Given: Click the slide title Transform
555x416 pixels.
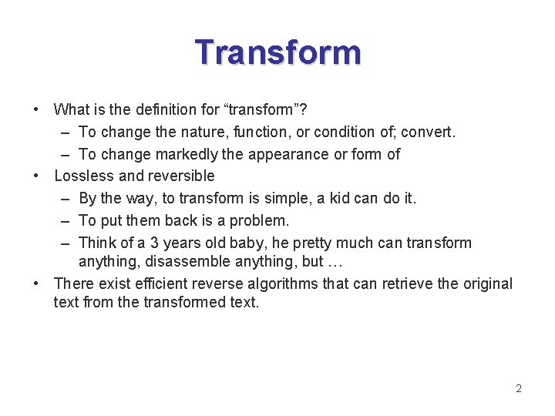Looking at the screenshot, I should click(277, 53).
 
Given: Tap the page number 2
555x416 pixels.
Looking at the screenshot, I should click(518, 388).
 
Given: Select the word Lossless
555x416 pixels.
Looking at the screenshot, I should click(83, 176).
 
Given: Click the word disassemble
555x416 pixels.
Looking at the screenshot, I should click(190, 261).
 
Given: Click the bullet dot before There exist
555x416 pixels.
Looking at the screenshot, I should click(37, 283).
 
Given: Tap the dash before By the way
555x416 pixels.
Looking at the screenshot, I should click(65, 199).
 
